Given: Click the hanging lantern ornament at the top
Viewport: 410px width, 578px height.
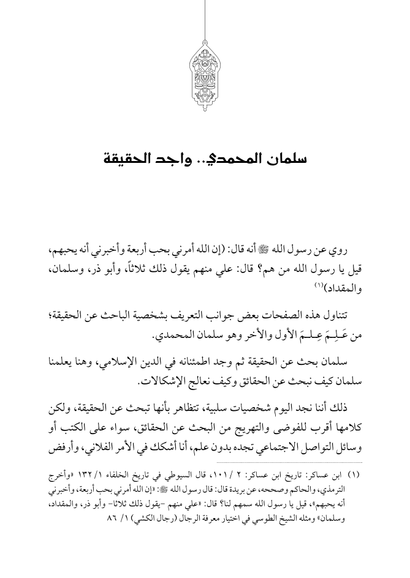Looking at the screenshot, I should [205, 77].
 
